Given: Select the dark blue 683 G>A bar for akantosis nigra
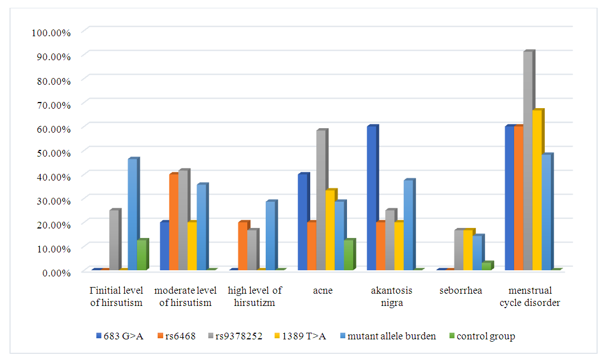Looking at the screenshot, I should [371, 198].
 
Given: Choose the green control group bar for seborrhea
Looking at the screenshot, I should [486, 266].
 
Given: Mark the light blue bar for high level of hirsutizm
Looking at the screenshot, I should [270, 236].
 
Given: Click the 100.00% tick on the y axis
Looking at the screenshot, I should [52, 32].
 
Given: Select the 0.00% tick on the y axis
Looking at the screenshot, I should [56, 272].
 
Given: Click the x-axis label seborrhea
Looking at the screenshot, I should [460, 290].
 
